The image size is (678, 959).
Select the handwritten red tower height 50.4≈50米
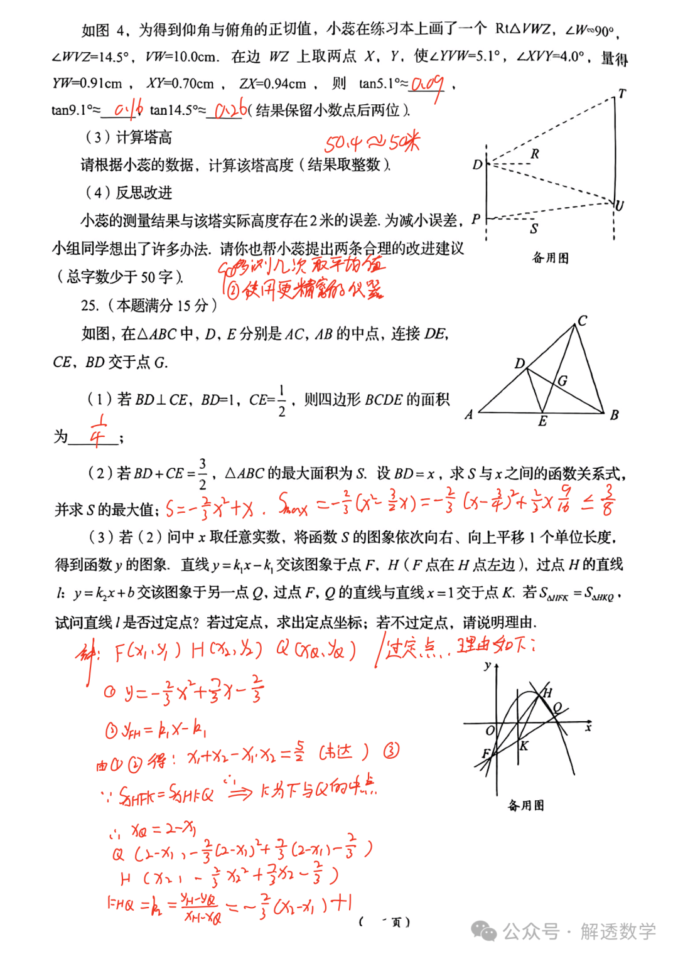pyautogui.click(x=372, y=143)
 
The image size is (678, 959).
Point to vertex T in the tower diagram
pyautogui.click(x=621, y=94)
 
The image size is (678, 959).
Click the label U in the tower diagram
pyautogui.click(x=620, y=206)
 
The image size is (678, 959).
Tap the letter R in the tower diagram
pyautogui.click(x=535, y=154)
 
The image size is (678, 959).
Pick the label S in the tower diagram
pyautogui.click(x=534, y=228)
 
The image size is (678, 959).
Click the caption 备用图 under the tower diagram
pyautogui.click(x=550, y=257)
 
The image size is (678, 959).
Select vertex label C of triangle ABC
pyautogui.click(x=583, y=321)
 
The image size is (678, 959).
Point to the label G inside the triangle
pyautogui.click(x=562, y=380)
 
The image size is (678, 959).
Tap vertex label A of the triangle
pyautogui.click(x=468, y=414)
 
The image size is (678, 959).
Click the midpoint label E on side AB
pyautogui.click(x=542, y=421)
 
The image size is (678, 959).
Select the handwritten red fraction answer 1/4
pyautogui.click(x=99, y=431)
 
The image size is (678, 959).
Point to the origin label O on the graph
pyautogui.click(x=490, y=731)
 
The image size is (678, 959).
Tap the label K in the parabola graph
pyautogui.click(x=524, y=746)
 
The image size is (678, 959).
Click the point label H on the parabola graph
pyautogui.click(x=547, y=692)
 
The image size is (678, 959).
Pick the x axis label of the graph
pyautogui.click(x=588, y=727)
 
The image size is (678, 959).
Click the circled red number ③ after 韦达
pyautogui.click(x=391, y=751)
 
